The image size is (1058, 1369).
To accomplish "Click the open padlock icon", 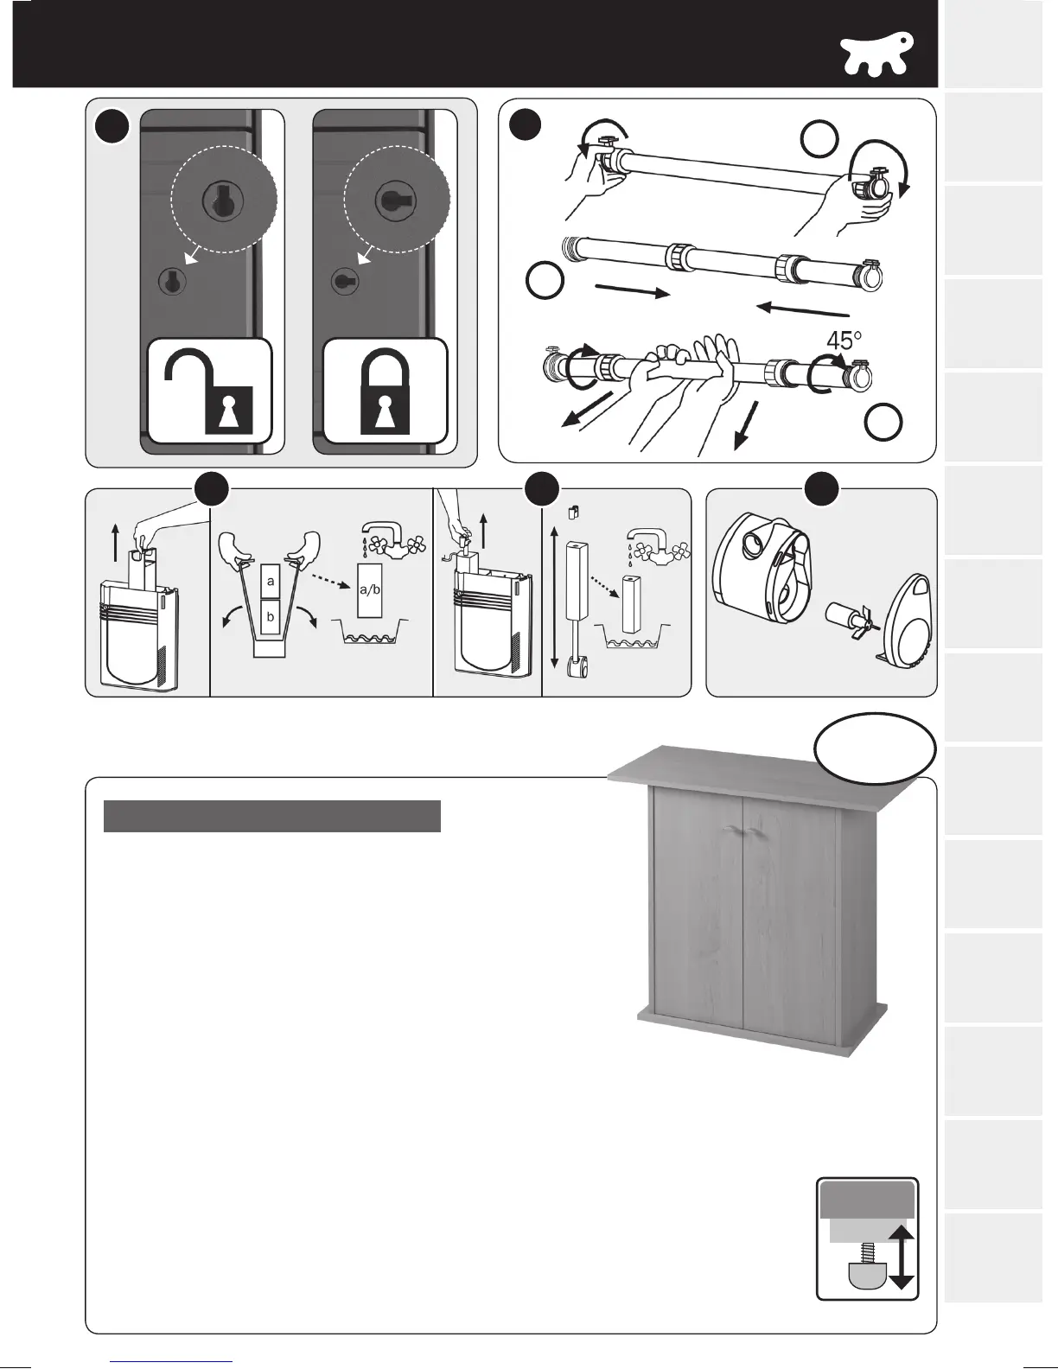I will click(x=210, y=392).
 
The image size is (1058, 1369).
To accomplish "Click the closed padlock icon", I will click(x=386, y=392).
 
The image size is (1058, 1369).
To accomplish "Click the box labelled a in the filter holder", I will click(x=271, y=582).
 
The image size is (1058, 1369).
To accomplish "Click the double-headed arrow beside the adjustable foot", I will click(x=902, y=1257).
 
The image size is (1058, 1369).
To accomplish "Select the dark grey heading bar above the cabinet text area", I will click(x=272, y=816).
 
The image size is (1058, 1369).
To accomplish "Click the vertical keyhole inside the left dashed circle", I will click(x=214, y=200).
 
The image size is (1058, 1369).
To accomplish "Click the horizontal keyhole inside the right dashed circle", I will click(x=386, y=199).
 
